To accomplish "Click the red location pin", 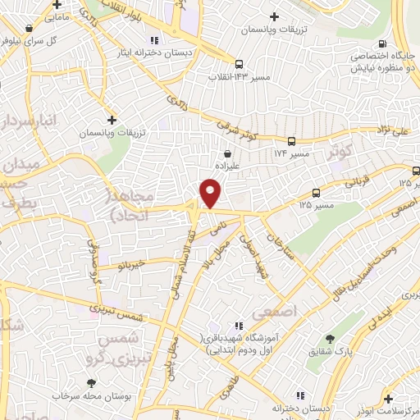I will [x=211, y=193].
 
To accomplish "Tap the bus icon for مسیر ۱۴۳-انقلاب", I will [x=239, y=63].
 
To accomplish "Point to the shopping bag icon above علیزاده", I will [x=227, y=153].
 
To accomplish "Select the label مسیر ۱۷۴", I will [x=291, y=153].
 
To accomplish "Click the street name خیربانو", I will [x=130, y=264].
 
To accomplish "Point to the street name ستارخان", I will [x=278, y=245].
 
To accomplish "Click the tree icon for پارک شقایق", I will [x=330, y=338].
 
